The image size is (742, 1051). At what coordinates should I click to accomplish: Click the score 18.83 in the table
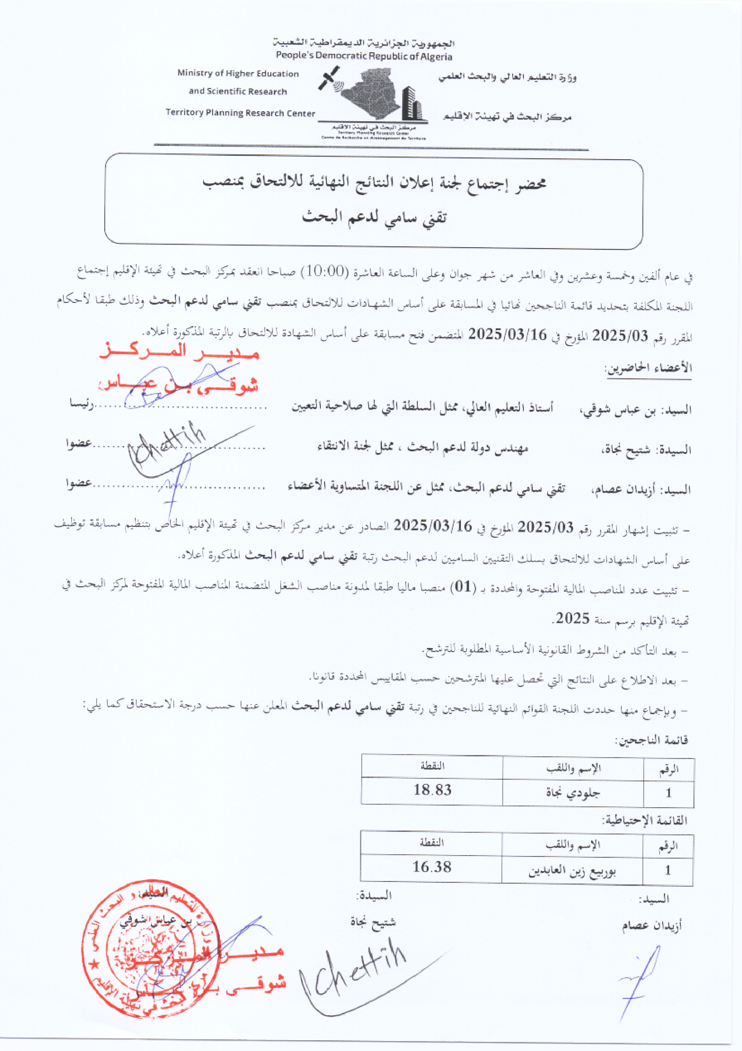point(432,790)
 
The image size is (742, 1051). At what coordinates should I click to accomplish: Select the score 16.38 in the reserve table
point(432,866)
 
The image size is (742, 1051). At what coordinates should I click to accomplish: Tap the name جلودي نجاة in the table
point(573,792)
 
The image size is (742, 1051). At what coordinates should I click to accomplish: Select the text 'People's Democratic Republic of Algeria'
point(364,56)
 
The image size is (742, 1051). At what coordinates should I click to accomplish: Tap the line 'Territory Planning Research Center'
point(240,113)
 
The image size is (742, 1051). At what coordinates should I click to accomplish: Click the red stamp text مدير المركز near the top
point(179,352)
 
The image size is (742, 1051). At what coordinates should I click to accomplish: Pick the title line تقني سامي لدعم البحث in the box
point(374,217)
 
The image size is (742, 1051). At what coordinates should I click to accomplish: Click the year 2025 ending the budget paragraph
point(572,618)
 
